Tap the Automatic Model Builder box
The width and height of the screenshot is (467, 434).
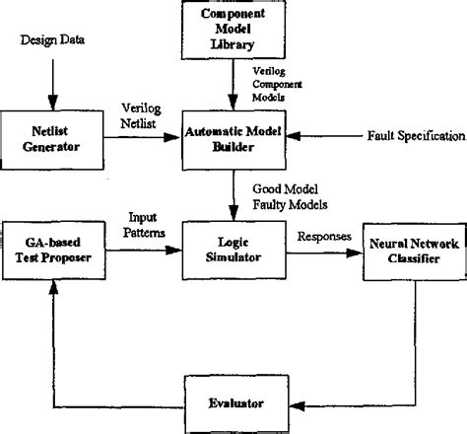(233, 134)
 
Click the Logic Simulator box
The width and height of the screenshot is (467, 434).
(233, 250)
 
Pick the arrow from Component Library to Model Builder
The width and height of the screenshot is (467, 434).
(233, 84)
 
